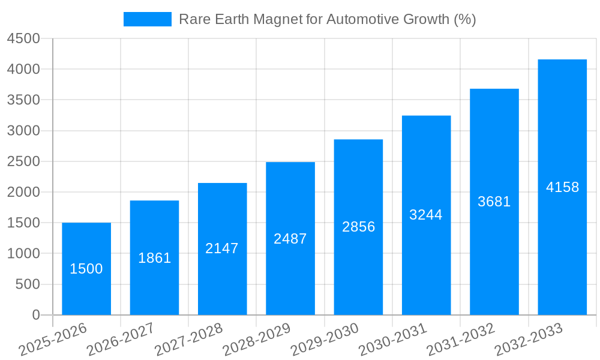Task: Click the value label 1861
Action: (x=154, y=258)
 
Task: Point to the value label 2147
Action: (x=222, y=248)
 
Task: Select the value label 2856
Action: (x=358, y=227)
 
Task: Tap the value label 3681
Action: (x=494, y=202)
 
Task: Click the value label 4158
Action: (x=562, y=187)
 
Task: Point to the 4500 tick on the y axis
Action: (x=23, y=39)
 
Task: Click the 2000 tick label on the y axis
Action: (x=23, y=192)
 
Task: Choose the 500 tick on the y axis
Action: (x=28, y=284)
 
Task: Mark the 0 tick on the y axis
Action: (x=35, y=315)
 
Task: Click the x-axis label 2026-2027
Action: (x=121, y=339)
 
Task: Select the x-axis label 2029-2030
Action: (x=325, y=339)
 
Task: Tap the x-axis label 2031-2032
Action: (x=461, y=339)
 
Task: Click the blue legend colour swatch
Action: (x=147, y=19)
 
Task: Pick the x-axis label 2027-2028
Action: (x=188, y=339)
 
